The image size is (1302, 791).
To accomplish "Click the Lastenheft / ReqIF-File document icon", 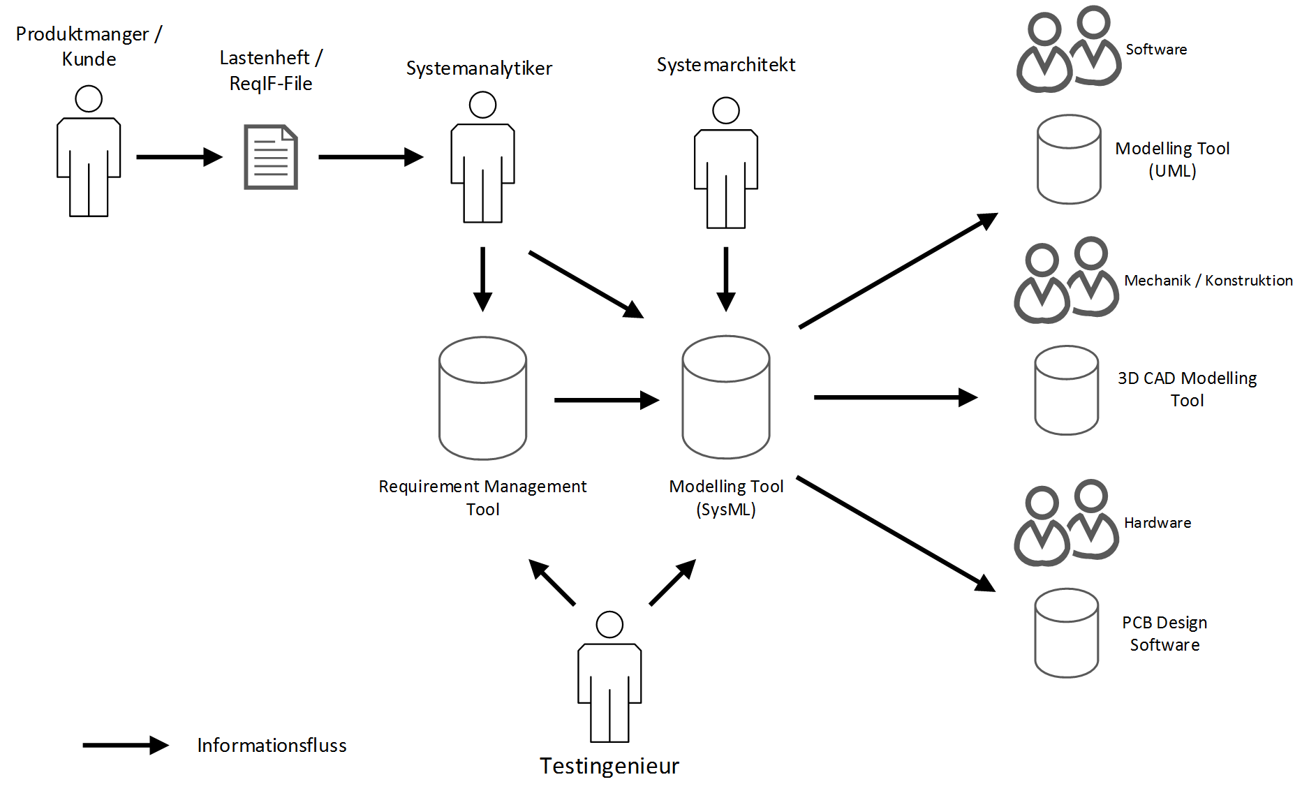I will pyautogui.click(x=271, y=157).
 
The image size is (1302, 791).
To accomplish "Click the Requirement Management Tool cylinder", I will pyautogui.click(x=482, y=398).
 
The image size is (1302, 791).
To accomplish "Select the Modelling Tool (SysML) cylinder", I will pyautogui.click(x=725, y=397).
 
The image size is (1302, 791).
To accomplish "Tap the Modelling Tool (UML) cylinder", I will pyautogui.click(x=1069, y=159).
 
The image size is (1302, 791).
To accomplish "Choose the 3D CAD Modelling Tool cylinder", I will pyautogui.click(x=1066, y=390).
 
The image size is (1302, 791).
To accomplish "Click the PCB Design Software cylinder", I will pyautogui.click(x=1066, y=633).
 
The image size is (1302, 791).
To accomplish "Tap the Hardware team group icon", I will pyautogui.click(x=1066, y=523).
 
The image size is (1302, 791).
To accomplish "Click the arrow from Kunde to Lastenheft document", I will pyautogui.click(x=179, y=157).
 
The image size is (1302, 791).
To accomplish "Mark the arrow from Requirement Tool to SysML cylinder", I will pyautogui.click(x=606, y=400).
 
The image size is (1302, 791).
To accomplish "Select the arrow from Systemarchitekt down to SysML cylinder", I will pyautogui.click(x=725, y=279).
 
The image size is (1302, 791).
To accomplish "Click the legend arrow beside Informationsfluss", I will pyautogui.click(x=125, y=745).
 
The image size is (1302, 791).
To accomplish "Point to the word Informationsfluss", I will pyautogui.click(x=272, y=746).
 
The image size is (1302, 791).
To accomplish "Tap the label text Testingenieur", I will pyautogui.click(x=609, y=766).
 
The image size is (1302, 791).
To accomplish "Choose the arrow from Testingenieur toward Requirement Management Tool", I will pyautogui.click(x=552, y=582).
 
